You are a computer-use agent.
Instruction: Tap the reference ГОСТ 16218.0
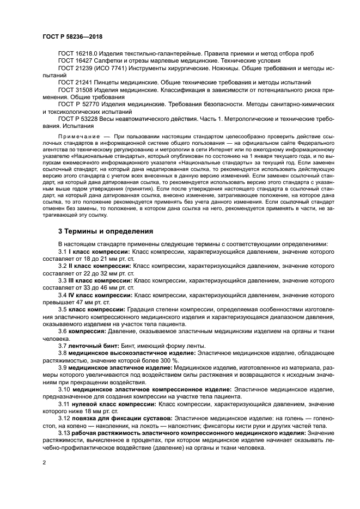pos(78,53)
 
